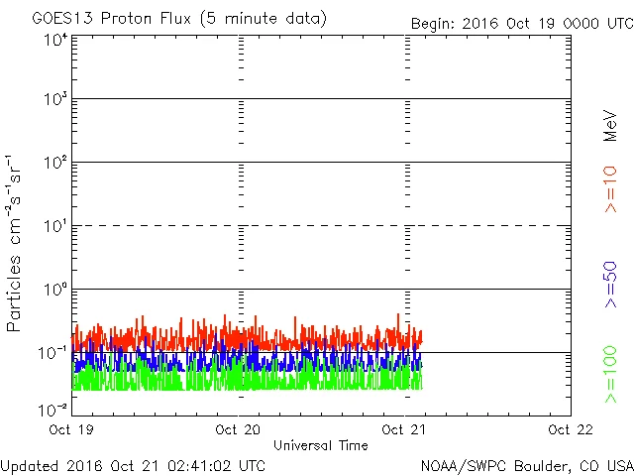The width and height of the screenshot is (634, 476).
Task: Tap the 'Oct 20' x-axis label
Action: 239,429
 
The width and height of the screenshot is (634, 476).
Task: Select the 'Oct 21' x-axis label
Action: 405,429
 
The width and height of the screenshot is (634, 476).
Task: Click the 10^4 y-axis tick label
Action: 55,40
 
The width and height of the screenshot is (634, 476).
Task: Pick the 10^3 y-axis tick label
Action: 55,101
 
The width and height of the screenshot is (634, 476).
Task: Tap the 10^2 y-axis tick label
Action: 55,164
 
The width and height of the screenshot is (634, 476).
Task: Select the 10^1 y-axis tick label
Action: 55,227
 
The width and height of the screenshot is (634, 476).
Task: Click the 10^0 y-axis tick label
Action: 55,291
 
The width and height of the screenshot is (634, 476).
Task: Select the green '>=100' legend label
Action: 611,375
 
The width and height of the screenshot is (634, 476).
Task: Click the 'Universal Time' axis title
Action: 320,445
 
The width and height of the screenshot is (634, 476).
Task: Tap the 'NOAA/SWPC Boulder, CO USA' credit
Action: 526,464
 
